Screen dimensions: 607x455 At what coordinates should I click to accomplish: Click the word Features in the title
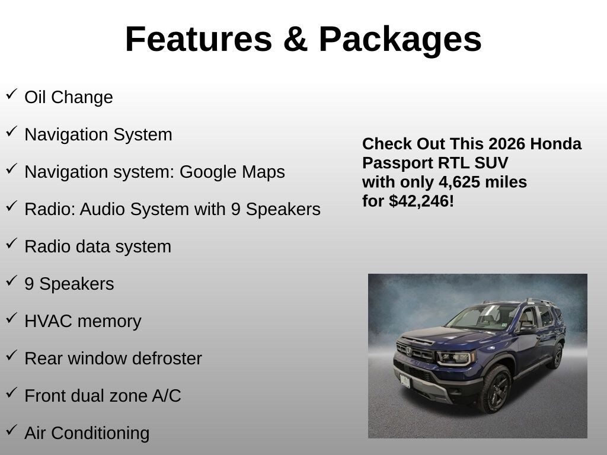(199, 39)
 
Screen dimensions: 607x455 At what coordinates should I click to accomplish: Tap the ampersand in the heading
(295, 39)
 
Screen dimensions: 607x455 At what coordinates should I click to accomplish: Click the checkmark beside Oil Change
(12, 94)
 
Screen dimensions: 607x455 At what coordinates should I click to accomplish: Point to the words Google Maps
(232, 172)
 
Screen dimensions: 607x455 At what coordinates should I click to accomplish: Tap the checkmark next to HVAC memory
(12, 318)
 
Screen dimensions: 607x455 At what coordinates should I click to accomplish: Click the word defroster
(167, 358)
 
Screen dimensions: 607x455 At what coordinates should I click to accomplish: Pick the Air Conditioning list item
(87, 433)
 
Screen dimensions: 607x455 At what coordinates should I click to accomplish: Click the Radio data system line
(98, 247)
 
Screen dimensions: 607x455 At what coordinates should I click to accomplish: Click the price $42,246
(419, 201)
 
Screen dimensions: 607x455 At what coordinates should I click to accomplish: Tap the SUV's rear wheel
(557, 355)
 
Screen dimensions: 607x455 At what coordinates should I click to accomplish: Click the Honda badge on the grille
(409, 351)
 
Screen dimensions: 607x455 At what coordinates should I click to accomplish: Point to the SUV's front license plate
(405, 381)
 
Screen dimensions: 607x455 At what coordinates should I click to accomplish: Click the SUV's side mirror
(528, 329)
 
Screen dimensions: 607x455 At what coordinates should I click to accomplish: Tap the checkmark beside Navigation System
(12, 132)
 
